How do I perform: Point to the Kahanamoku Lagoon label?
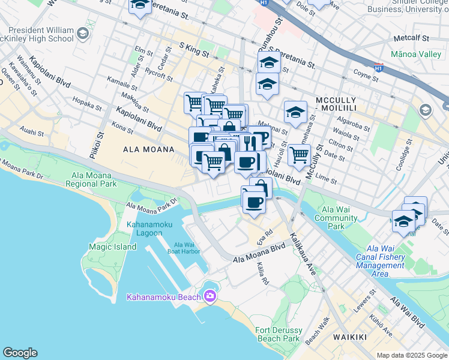[149, 229]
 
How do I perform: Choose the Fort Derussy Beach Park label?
[277, 334]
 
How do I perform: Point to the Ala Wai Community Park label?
[340, 218]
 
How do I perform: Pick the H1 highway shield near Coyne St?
[379, 68]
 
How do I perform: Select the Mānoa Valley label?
[415, 54]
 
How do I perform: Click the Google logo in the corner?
[20, 353]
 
